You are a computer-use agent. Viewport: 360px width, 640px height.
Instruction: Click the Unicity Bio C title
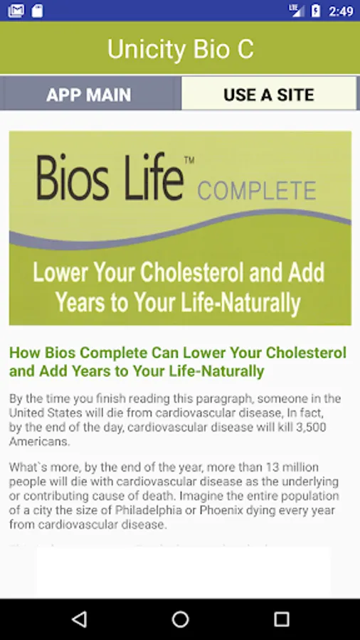(181, 49)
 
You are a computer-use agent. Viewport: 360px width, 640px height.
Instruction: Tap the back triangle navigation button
(79, 619)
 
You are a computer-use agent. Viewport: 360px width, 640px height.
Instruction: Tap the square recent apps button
(281, 619)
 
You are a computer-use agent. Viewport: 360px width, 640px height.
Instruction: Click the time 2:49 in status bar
(341, 11)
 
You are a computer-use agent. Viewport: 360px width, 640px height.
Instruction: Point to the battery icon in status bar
(316, 11)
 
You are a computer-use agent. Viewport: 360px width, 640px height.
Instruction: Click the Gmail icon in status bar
(16, 11)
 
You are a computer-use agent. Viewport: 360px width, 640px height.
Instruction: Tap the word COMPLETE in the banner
(257, 190)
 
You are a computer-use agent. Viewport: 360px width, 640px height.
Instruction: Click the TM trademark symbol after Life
(189, 161)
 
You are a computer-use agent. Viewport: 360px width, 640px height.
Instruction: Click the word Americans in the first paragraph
(40, 442)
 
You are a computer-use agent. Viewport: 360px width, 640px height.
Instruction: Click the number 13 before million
(272, 466)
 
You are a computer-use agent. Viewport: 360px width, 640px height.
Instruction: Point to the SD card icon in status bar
(37, 11)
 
